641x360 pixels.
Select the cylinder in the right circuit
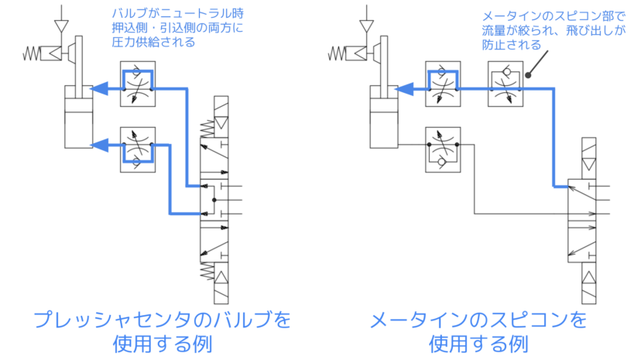coord(385,120)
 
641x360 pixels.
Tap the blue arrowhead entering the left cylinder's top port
coord(99,89)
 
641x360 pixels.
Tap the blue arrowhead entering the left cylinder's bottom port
coord(99,145)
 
